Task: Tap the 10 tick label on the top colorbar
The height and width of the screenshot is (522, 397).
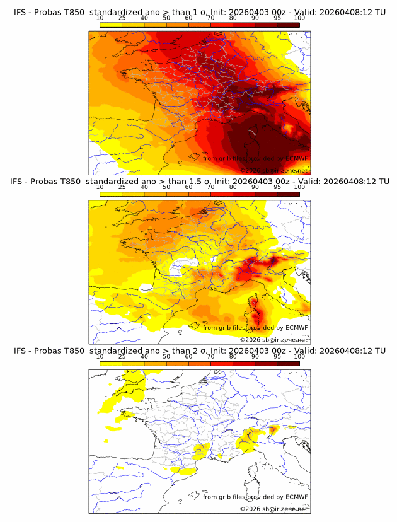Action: pyautogui.click(x=100, y=18)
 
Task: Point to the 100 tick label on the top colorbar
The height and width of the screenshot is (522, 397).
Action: pyautogui.click(x=299, y=18)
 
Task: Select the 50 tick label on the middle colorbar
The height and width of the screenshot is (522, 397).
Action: pyautogui.click(x=166, y=187)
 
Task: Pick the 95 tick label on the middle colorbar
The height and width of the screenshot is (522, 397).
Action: pyautogui.click(x=277, y=187)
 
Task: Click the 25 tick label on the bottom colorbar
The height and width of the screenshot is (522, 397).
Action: pyautogui.click(x=122, y=356)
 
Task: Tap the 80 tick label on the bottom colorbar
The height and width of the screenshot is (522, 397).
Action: pyautogui.click(x=233, y=356)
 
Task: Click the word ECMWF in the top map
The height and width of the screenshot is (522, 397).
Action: pyautogui.click(x=297, y=158)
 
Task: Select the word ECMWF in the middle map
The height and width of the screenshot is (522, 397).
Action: pyautogui.click(x=297, y=327)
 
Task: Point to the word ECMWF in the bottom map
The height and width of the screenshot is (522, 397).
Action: pyautogui.click(x=297, y=497)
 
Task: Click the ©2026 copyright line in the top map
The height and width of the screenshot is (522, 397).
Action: pyautogui.click(x=273, y=170)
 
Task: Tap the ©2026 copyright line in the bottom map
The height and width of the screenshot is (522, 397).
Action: pyautogui.click(x=273, y=509)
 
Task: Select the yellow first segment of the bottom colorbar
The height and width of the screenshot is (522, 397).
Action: pyautogui.click(x=111, y=363)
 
